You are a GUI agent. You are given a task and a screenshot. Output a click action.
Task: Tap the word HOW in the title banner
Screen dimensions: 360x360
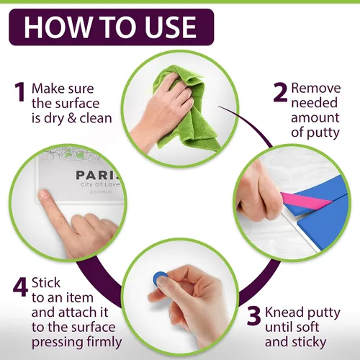(x=57, y=27)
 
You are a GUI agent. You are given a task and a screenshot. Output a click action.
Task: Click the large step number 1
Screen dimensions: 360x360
(x=20, y=92)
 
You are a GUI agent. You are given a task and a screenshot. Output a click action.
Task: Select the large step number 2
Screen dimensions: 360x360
(x=280, y=92)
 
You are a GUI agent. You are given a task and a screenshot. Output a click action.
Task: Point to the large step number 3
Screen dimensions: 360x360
(x=254, y=315)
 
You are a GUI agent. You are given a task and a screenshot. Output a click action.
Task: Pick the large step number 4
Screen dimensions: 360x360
(x=21, y=287)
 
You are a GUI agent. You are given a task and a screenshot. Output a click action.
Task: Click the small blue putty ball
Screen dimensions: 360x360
(x=159, y=279)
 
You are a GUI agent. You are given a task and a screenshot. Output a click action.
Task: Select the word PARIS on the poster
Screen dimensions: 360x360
(x=98, y=175)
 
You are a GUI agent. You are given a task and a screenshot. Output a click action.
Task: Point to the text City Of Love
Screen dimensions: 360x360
(x=100, y=184)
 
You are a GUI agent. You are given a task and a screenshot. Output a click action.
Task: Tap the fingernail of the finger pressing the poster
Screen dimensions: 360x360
(x=44, y=194)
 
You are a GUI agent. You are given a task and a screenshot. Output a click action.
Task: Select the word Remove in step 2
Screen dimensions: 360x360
(x=316, y=88)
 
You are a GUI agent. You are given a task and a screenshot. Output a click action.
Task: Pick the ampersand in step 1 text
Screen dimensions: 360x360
(x=72, y=118)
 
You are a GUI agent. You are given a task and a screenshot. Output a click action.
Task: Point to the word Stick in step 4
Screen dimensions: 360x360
(x=46, y=282)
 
